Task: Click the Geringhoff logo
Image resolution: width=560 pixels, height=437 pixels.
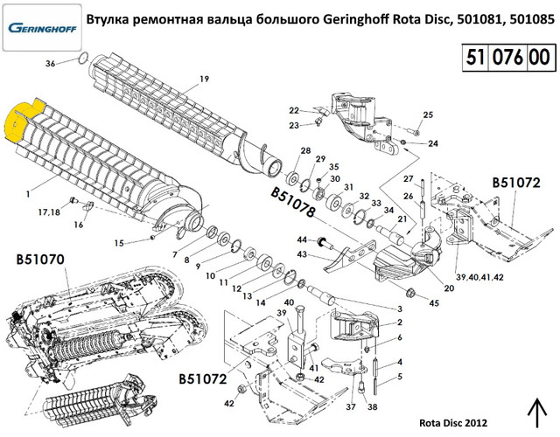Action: coord(42,27)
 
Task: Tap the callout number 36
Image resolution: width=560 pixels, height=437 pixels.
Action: coord(51,64)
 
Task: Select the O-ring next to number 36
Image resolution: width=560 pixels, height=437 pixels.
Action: coord(83,57)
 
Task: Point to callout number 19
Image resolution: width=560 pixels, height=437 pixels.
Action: coord(204,79)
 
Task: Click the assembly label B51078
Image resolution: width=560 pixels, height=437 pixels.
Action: coord(293,202)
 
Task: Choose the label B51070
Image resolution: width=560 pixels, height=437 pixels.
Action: coord(40,260)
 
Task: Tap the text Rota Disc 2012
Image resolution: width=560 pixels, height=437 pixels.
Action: coord(453,423)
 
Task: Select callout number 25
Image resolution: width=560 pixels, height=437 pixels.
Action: coord(428,114)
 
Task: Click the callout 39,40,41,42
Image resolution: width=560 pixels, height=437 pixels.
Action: coord(479,277)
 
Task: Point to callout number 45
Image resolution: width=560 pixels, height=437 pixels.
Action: coord(434,303)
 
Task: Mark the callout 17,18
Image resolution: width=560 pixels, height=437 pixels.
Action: coord(49,212)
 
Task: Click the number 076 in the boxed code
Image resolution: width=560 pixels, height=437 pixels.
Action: coord(507,57)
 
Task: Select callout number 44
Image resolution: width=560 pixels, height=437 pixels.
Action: coord(302,239)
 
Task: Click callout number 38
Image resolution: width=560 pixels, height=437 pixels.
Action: coord(373,406)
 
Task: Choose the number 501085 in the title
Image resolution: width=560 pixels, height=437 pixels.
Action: coord(532,19)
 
